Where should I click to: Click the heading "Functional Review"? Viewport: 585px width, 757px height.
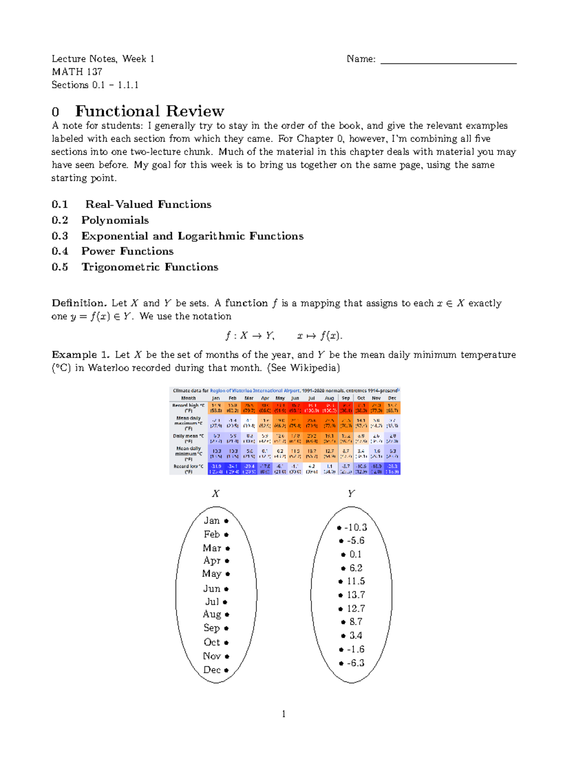[x=149, y=111]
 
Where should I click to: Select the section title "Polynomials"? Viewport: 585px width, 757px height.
[x=115, y=220]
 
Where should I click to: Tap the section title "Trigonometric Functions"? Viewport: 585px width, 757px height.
[x=150, y=267]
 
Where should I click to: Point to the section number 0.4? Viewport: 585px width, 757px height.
[x=60, y=252]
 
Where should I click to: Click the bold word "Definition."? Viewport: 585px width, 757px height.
[x=79, y=303]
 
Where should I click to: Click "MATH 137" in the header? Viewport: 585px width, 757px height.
[x=77, y=72]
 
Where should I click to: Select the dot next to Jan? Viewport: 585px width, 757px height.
[x=226, y=521]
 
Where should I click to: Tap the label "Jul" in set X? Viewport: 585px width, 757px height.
[x=212, y=602]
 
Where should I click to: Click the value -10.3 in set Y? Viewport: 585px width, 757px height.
[x=355, y=527]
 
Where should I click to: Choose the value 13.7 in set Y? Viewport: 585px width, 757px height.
[x=356, y=595]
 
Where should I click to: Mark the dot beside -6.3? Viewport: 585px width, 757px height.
[x=341, y=663]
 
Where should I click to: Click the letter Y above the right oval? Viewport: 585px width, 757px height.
[x=351, y=494]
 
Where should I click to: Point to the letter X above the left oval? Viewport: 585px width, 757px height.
[x=215, y=494]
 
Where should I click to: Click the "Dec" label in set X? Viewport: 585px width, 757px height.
[x=212, y=670]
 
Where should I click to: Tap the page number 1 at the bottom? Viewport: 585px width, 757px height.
[x=284, y=714]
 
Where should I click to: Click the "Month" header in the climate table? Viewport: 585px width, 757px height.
[x=188, y=398]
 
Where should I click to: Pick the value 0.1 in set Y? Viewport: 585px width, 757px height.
[x=355, y=555]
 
